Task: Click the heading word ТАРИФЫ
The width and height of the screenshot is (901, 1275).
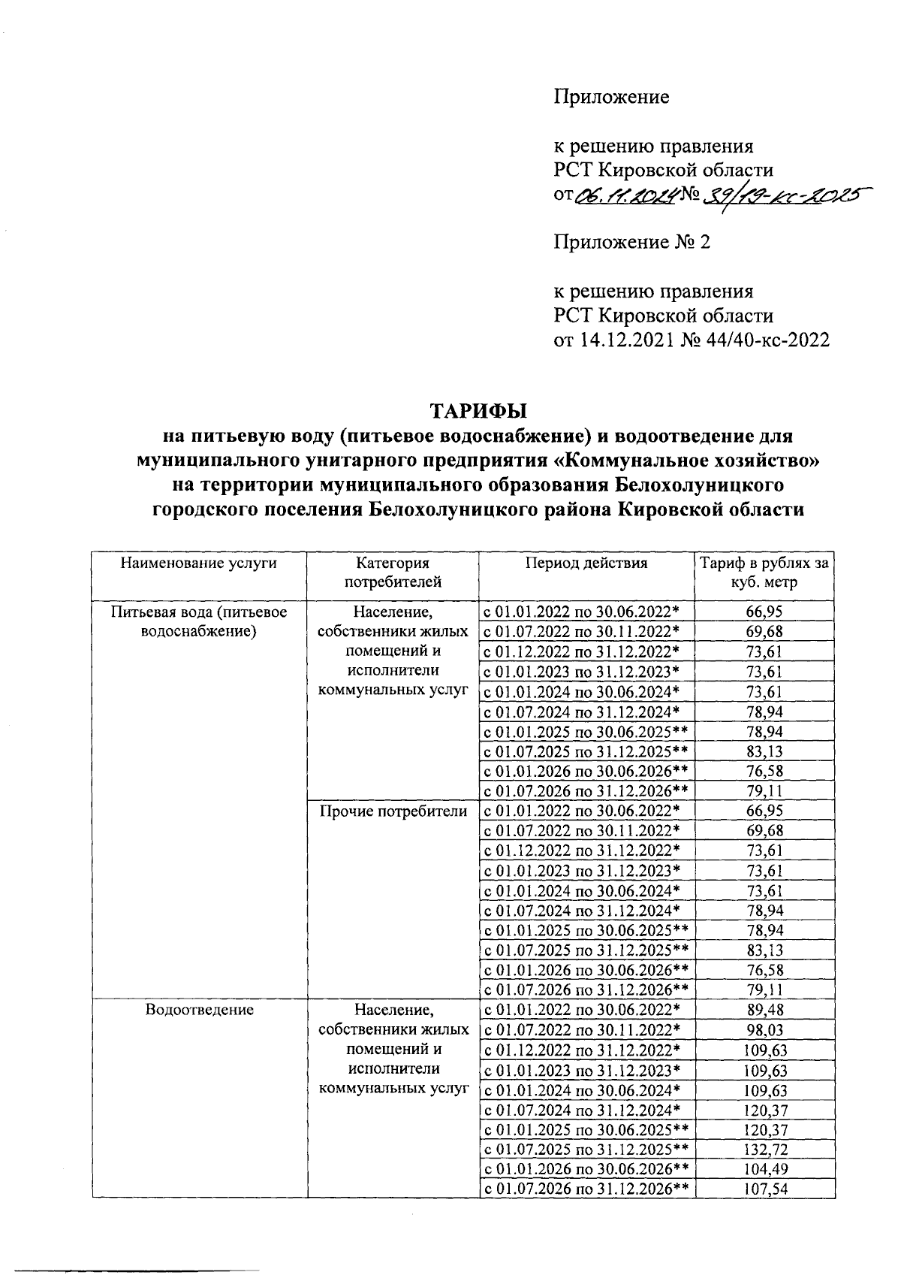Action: [x=478, y=412]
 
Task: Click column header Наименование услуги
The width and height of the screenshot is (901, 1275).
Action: [x=199, y=563]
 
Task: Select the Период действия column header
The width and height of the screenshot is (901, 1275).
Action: [x=586, y=563]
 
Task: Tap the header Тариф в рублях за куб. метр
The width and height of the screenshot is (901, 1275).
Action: [x=764, y=573]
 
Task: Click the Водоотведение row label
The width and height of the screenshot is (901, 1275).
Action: [x=199, y=1010]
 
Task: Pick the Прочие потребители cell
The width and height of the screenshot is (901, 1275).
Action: [x=393, y=811]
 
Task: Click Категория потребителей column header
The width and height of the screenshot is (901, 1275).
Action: [x=393, y=573]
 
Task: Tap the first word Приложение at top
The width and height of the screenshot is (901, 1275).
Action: [x=611, y=97]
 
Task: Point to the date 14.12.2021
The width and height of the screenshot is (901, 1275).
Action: [x=625, y=340]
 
